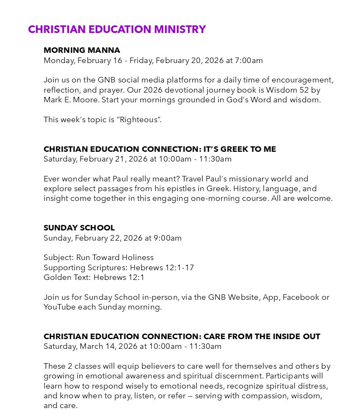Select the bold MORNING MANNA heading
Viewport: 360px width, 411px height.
tap(82, 50)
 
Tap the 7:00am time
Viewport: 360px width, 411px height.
tap(249, 60)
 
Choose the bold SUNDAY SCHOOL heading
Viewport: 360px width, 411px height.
tap(79, 228)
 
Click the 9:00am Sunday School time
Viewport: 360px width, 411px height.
tap(168, 238)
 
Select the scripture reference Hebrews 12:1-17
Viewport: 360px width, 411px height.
tap(162, 268)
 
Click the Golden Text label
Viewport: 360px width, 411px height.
tap(67, 277)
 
